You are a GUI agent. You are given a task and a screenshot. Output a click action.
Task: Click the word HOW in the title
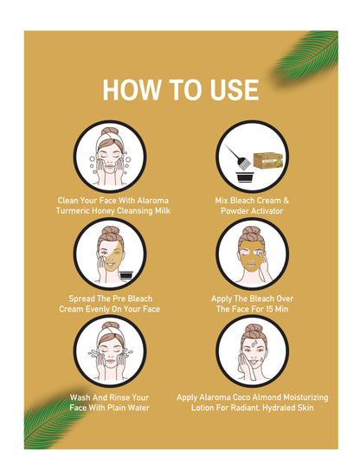(x=132, y=89)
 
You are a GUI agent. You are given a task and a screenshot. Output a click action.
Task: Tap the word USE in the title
(x=234, y=89)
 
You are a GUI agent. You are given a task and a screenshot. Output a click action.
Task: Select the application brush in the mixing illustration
(x=238, y=157)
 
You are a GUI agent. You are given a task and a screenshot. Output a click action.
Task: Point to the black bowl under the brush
(x=246, y=177)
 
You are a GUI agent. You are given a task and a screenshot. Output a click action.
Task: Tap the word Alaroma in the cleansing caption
(x=152, y=201)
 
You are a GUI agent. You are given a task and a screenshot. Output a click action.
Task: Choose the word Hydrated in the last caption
(x=279, y=408)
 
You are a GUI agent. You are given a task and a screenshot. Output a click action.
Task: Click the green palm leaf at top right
(x=306, y=56)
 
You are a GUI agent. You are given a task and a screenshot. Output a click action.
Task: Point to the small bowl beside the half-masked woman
(x=125, y=274)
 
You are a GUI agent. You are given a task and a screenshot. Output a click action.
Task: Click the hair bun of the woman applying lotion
(x=253, y=329)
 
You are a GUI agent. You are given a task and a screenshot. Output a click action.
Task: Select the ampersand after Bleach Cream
(x=286, y=201)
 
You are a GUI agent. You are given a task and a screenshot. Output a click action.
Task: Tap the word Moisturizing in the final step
(x=305, y=397)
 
